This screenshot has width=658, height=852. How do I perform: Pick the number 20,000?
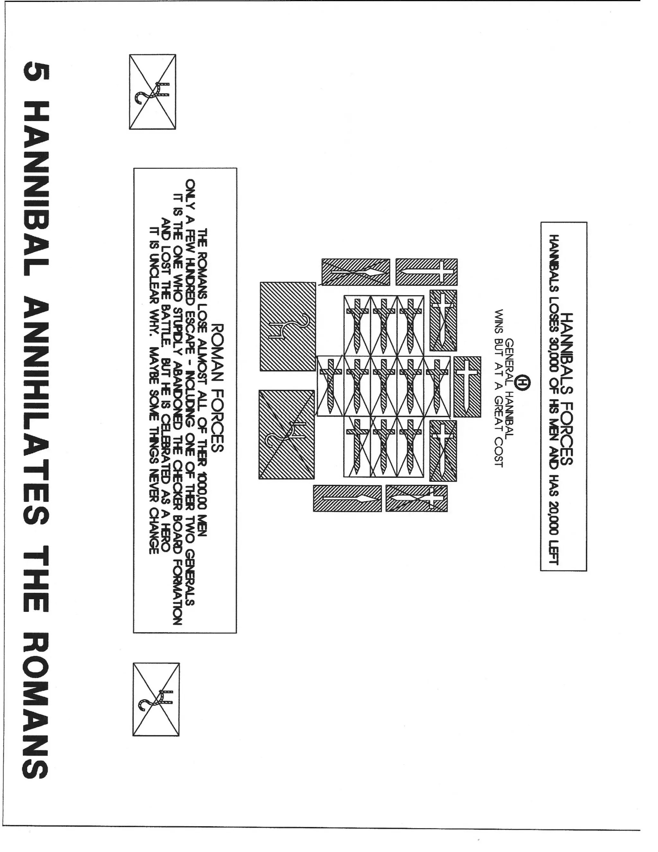[554, 513]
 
